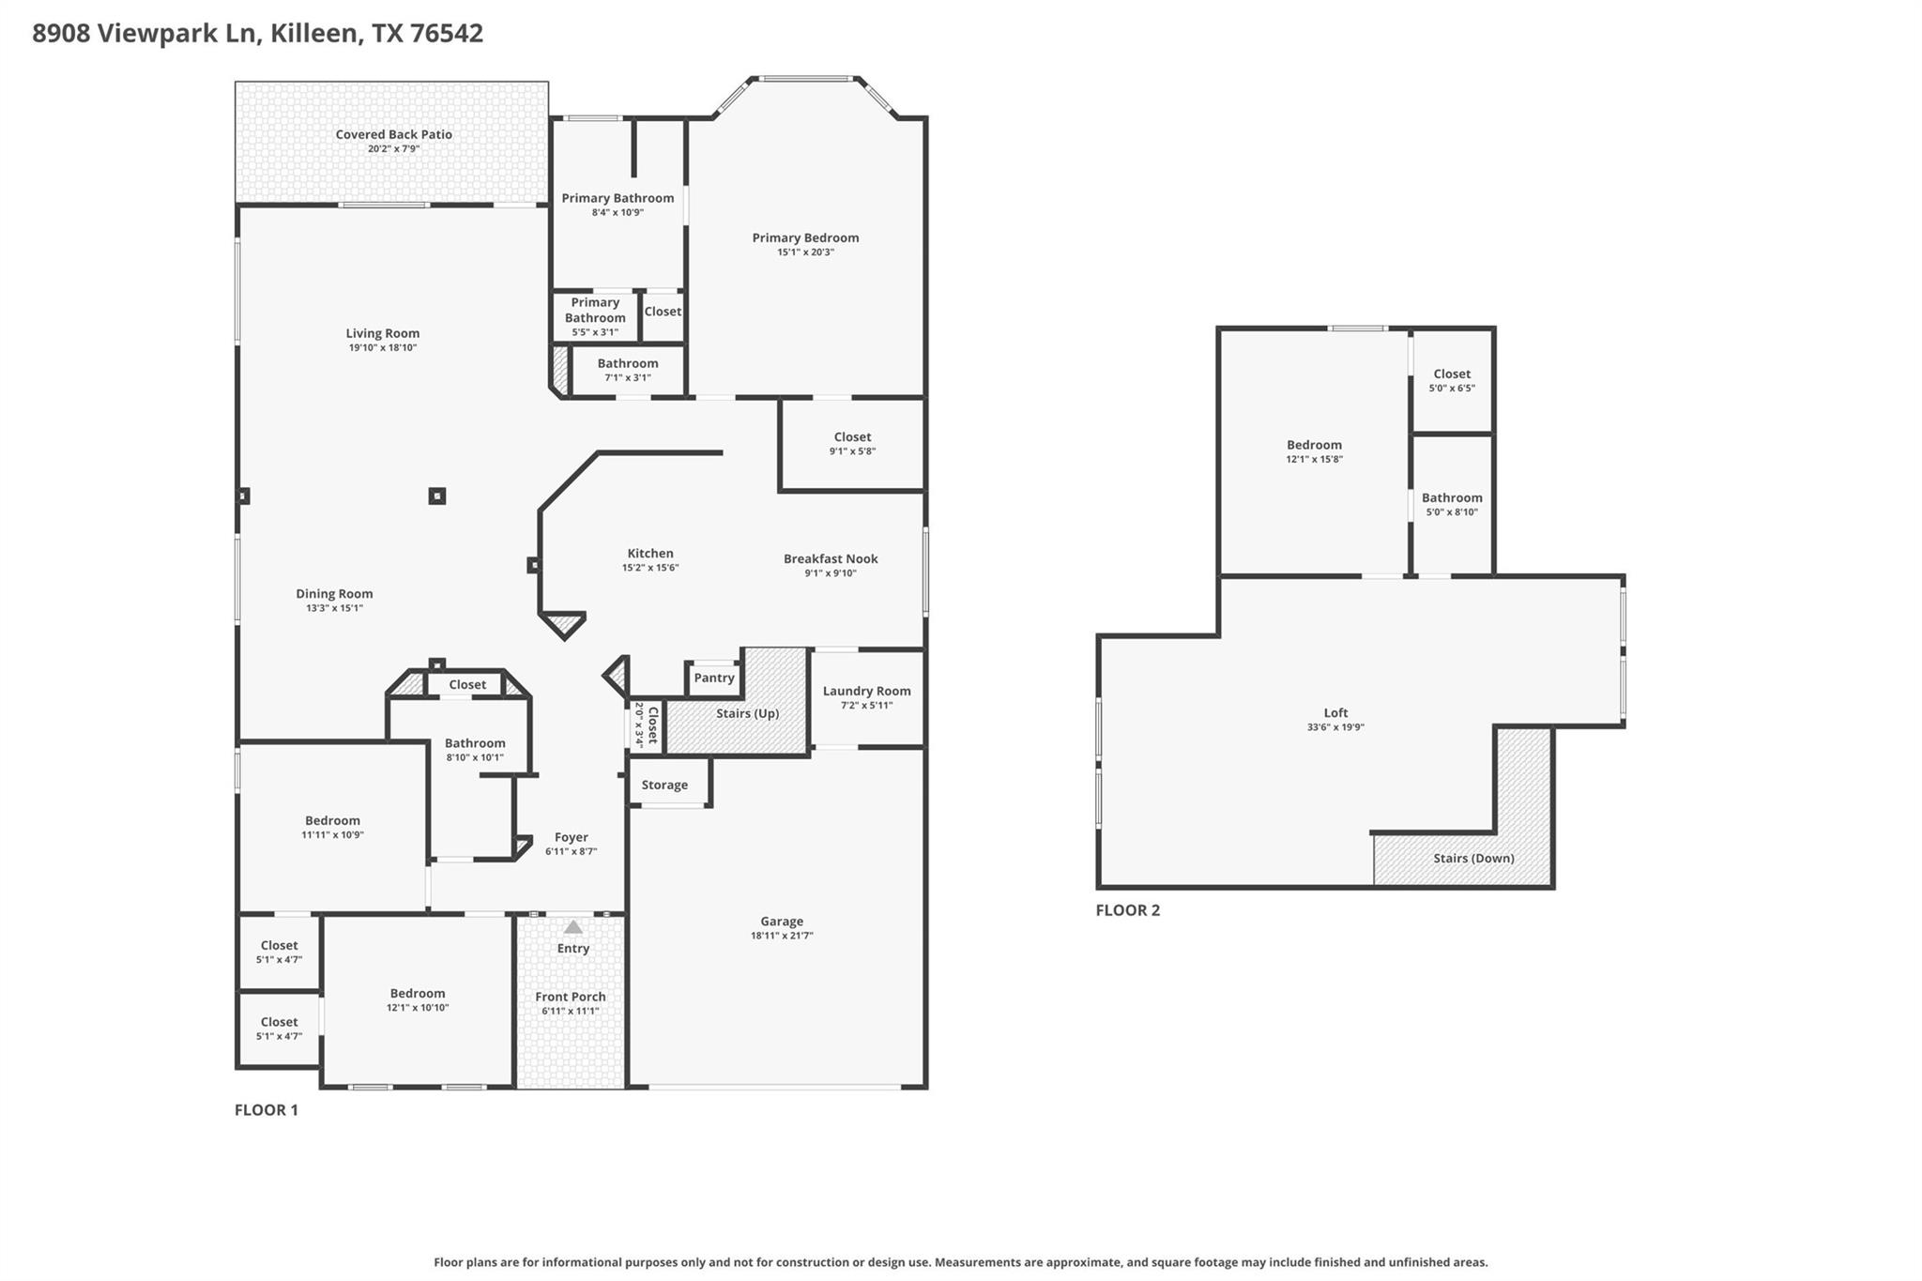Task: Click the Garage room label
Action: click(781, 922)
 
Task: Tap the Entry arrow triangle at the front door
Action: click(572, 927)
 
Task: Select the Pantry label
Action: click(713, 678)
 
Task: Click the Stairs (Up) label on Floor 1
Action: click(747, 713)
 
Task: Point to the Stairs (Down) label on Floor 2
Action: click(1472, 858)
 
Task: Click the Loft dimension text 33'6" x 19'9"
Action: click(1335, 727)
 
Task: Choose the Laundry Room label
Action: click(865, 691)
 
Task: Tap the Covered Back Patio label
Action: click(393, 134)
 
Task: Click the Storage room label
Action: click(664, 785)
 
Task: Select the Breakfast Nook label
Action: click(831, 558)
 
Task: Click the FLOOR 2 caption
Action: click(1127, 910)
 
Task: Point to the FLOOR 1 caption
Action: click(266, 1110)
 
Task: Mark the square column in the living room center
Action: click(436, 496)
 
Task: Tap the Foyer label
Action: click(571, 837)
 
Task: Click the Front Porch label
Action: click(570, 997)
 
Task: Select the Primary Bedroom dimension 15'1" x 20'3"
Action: click(804, 252)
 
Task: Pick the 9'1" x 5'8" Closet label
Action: click(852, 437)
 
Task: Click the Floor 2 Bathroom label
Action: click(1451, 498)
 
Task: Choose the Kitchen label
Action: click(649, 554)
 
